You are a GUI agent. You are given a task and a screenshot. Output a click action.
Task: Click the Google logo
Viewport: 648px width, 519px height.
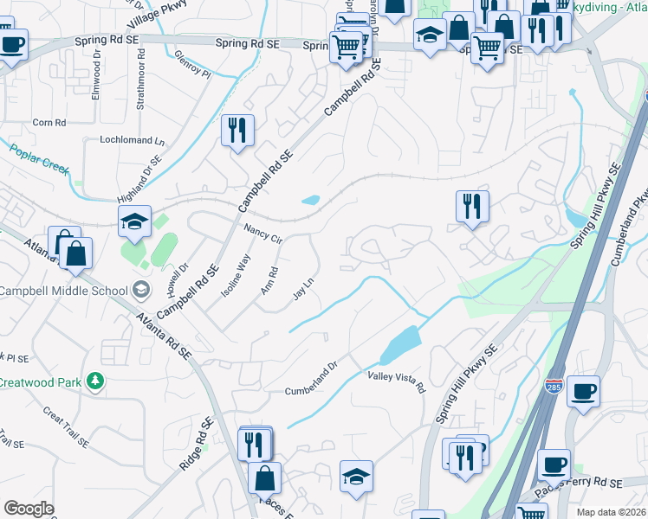[29, 509]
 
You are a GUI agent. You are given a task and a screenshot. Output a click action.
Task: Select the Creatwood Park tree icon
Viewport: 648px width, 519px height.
[94, 381]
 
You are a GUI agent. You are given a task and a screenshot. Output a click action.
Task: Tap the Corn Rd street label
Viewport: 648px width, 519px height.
[49, 123]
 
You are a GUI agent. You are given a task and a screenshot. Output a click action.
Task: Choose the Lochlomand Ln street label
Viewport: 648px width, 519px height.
[132, 140]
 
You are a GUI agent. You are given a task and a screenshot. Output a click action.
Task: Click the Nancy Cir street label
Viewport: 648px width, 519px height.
[263, 234]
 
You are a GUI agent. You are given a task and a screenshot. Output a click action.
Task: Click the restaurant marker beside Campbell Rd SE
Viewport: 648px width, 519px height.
[237, 131]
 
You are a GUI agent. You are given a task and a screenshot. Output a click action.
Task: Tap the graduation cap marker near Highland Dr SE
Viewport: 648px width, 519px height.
[135, 221]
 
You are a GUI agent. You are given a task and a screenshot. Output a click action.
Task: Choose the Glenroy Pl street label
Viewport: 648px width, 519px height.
[192, 63]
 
